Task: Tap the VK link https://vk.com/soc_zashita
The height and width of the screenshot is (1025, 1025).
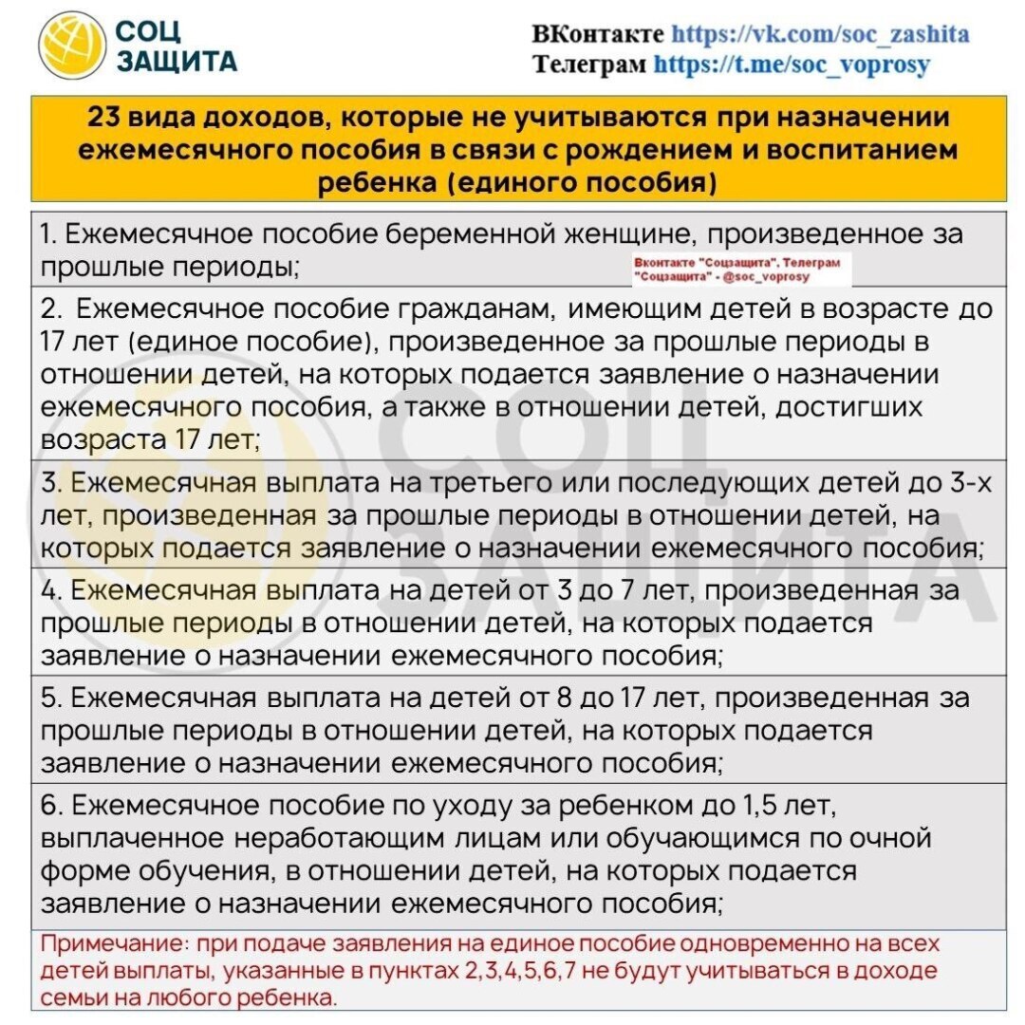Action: tap(820, 35)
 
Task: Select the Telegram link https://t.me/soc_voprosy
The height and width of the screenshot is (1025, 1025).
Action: tap(792, 65)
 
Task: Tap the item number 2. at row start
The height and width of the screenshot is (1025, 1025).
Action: tap(51, 308)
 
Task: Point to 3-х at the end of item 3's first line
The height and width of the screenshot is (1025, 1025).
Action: tap(972, 483)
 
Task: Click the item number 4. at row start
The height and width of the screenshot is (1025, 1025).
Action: tap(51, 590)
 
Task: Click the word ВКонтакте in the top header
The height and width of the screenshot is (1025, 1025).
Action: tap(598, 35)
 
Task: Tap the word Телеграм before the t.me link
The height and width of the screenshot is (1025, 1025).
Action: tap(589, 65)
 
